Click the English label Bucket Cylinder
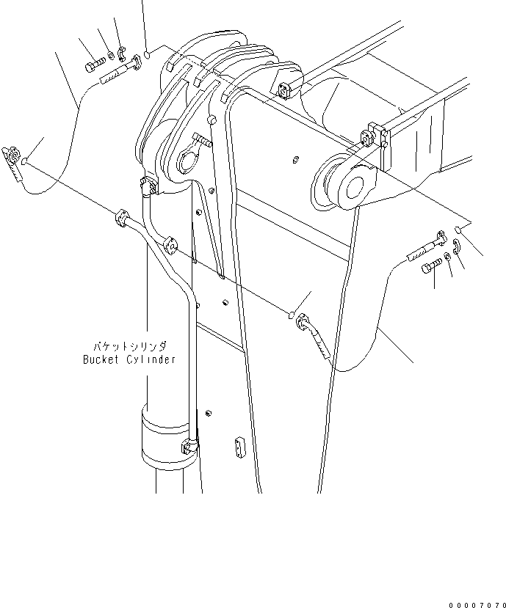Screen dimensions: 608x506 tap(129, 359)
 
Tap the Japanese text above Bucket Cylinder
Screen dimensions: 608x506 tap(129, 345)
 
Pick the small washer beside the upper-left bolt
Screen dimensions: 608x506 tap(109, 55)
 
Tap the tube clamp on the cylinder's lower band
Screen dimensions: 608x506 tap(189, 445)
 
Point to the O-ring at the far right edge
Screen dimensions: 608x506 tap(457, 230)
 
